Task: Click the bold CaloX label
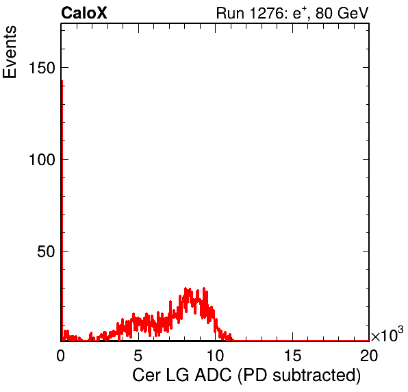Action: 84,13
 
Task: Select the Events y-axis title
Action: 10,52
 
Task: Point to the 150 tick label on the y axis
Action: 42,68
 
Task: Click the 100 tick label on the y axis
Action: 42,160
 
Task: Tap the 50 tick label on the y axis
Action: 46,252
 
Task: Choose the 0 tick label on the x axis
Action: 61,355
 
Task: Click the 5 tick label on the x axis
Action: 138,355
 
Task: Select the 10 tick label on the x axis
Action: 215,355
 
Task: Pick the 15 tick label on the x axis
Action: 292,355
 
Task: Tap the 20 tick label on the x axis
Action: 369,355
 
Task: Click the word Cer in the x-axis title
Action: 146,375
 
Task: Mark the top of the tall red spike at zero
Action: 62,81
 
